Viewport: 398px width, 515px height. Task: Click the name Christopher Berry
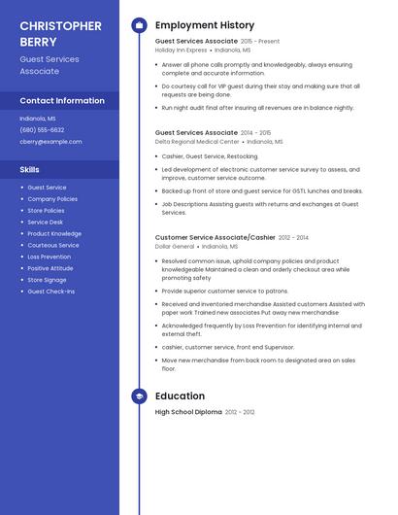coord(60,33)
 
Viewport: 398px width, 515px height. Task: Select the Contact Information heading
coord(62,100)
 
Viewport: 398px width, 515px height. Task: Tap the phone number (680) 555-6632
coord(42,129)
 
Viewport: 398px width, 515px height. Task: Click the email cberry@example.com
coord(50,141)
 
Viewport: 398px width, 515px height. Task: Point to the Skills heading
coord(30,169)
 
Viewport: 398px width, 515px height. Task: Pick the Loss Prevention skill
coord(49,257)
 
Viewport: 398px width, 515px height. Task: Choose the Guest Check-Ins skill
coord(50,292)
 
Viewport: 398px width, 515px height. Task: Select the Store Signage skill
coord(47,280)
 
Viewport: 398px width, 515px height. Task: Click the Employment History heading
coord(205,25)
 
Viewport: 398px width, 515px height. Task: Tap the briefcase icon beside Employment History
coord(139,25)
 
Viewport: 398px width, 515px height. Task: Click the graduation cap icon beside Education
coord(139,396)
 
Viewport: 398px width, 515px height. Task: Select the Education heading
coord(180,396)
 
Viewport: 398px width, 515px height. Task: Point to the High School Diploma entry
coord(188,412)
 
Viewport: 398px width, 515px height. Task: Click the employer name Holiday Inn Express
coord(181,50)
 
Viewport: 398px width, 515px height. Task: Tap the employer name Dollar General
coord(175,246)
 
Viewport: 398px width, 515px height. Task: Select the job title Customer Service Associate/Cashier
coord(215,237)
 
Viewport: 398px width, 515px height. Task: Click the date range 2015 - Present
coord(259,42)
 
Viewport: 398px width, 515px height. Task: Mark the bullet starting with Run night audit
coord(257,108)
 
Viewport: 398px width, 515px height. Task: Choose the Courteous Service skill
coord(53,245)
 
